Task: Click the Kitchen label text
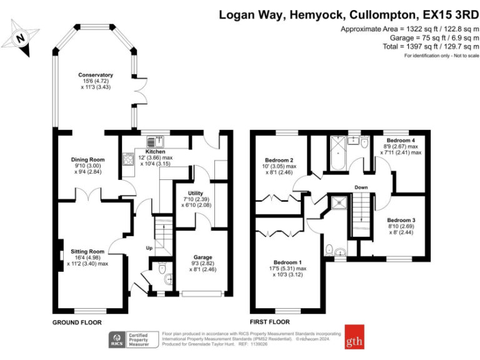(x=156, y=152)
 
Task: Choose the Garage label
(x=202, y=257)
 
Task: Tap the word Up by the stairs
(x=149, y=248)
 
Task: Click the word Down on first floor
(x=361, y=187)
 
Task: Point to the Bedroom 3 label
(x=401, y=220)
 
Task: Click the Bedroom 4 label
(x=401, y=141)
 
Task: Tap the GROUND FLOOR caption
(x=77, y=322)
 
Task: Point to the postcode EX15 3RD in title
(x=446, y=14)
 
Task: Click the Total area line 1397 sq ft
(x=431, y=46)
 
